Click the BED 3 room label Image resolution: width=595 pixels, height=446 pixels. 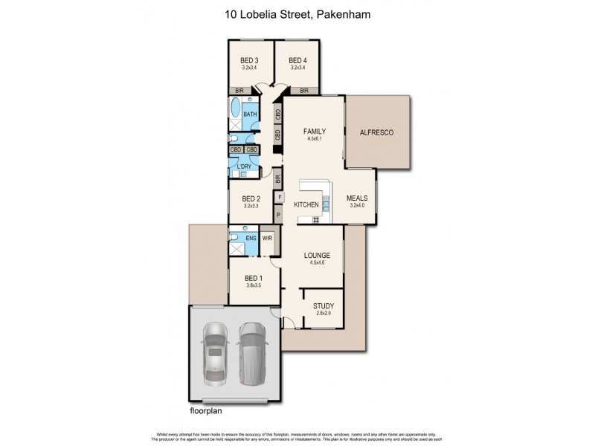[249, 60]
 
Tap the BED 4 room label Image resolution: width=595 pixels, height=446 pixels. [297, 60]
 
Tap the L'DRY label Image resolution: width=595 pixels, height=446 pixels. [244, 165]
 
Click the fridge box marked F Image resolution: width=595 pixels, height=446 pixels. [278, 198]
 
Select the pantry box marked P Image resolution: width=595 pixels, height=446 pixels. [278, 216]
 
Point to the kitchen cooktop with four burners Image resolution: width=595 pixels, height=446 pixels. [316, 219]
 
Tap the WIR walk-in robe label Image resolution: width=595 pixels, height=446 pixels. [267, 239]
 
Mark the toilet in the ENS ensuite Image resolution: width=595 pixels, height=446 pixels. [234, 239]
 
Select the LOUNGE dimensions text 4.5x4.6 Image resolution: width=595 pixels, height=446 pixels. [317, 263]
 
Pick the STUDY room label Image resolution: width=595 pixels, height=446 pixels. [324, 305]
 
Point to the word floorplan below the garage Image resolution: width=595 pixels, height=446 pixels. [205, 410]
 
